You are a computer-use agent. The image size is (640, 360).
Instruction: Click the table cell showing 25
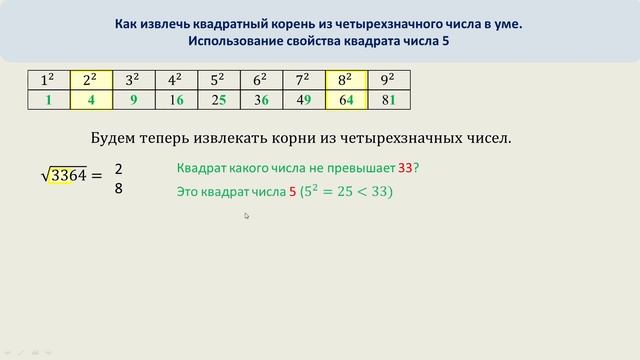(219, 100)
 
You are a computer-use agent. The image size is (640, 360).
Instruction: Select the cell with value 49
(304, 100)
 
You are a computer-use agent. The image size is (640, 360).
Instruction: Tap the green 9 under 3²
(132, 100)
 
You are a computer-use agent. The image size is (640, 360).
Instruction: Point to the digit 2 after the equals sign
(119, 168)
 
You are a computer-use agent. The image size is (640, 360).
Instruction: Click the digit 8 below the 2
(119, 187)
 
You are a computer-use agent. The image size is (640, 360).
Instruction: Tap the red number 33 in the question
(405, 168)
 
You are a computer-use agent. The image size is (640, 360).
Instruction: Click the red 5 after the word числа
(292, 191)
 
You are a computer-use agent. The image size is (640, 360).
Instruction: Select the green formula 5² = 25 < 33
(347, 191)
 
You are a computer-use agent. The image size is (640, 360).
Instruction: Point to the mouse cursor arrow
(246, 215)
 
